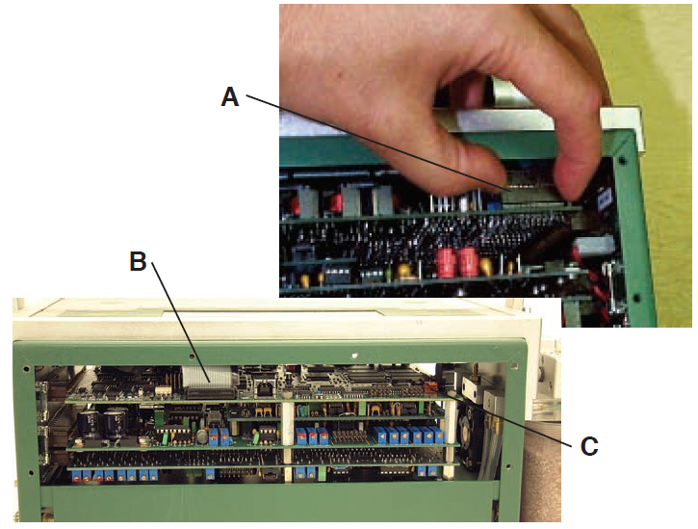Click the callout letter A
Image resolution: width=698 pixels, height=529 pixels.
click(x=230, y=96)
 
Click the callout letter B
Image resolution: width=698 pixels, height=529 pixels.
click(x=138, y=261)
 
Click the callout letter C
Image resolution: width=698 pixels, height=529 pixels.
click(x=589, y=446)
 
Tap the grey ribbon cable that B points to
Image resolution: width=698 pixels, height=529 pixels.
click(x=207, y=377)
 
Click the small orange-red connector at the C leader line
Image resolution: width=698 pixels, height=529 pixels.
click(x=430, y=388)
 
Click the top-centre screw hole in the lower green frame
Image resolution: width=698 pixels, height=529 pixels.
click(x=354, y=357)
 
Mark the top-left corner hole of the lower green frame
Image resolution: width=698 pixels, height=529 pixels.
click(x=26, y=369)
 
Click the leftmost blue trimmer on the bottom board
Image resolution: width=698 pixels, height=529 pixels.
click(x=77, y=476)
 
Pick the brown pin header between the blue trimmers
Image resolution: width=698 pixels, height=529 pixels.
click(x=350, y=436)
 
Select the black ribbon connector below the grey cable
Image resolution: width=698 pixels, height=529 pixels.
click(x=212, y=393)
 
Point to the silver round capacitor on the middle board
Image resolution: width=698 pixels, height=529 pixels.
click(x=202, y=436)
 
